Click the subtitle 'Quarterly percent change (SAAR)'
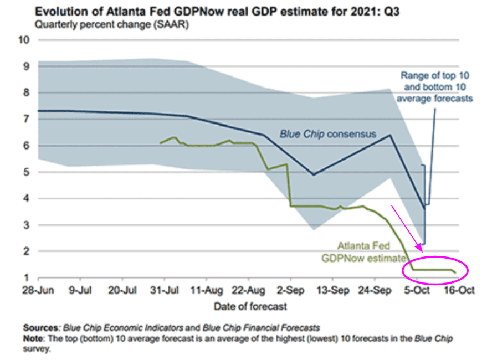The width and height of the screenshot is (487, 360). (x=111, y=25)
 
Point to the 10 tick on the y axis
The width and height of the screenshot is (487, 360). (x=25, y=40)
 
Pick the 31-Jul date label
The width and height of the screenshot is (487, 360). (x=164, y=290)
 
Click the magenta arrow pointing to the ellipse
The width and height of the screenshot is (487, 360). (x=407, y=227)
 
